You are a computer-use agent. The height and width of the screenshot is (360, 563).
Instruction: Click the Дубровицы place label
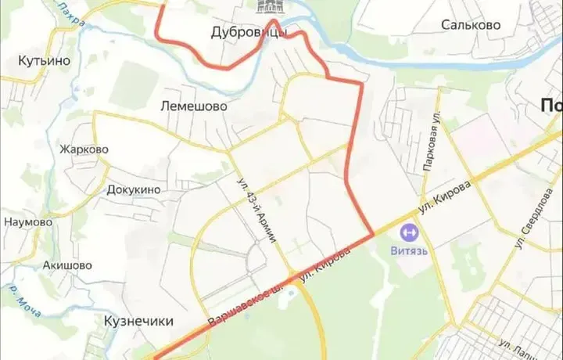click(249, 33)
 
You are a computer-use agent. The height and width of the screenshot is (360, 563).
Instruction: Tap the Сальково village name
click(470, 25)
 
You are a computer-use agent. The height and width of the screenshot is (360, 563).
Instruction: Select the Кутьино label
click(45, 60)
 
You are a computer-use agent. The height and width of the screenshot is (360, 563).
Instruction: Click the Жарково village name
click(84, 149)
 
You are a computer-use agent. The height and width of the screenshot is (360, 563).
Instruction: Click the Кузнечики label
click(138, 321)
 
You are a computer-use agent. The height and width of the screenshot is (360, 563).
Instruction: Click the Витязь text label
click(408, 250)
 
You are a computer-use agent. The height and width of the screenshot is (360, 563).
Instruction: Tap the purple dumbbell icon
click(407, 232)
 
